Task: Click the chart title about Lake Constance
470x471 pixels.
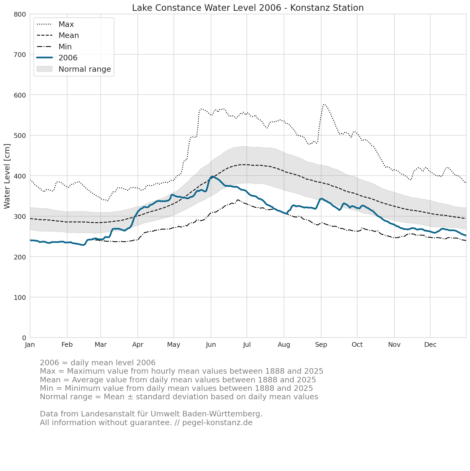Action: coord(248,8)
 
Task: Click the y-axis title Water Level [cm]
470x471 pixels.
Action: coord(7,176)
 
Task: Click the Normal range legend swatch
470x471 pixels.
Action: coord(45,69)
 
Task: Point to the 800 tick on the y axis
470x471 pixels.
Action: coord(20,14)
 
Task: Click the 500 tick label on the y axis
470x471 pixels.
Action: coord(20,136)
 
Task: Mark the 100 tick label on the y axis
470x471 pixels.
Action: coord(20,297)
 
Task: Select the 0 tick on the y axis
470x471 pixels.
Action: coord(24,338)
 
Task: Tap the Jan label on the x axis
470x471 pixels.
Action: coord(30,345)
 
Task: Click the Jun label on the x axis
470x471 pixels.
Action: coord(211,345)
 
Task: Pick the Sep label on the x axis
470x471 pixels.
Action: coord(321,345)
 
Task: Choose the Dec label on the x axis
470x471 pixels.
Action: coord(430,345)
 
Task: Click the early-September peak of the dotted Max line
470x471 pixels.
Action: coord(324,104)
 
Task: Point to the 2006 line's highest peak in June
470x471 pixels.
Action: coord(212,176)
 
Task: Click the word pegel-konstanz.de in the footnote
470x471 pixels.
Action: coord(217,423)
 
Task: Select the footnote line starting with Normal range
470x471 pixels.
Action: coord(179,397)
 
